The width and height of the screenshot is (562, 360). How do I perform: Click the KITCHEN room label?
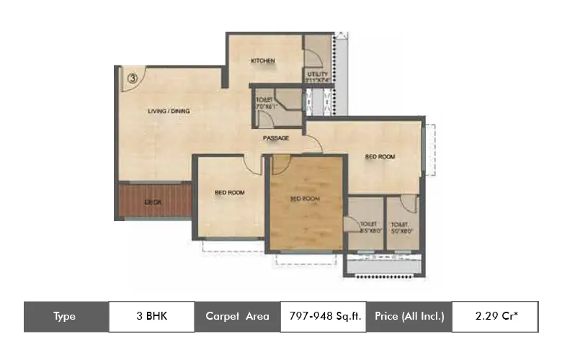point(263,61)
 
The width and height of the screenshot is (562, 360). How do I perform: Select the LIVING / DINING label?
point(169,112)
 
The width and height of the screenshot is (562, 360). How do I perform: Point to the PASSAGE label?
point(276,138)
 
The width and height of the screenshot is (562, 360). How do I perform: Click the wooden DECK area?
point(153,202)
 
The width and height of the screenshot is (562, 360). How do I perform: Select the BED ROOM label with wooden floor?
point(305,199)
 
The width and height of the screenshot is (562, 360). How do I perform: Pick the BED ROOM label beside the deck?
point(230,193)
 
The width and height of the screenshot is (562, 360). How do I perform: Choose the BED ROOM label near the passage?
point(380,156)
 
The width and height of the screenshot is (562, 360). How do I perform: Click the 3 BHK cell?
point(151,316)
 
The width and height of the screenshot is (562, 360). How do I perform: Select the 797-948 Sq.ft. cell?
point(323,316)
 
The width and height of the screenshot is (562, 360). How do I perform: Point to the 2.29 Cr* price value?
point(494,316)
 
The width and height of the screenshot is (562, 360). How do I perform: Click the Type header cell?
point(66,316)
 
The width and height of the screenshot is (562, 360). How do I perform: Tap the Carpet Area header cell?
point(237,316)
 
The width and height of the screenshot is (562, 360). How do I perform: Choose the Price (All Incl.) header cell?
point(409,316)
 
